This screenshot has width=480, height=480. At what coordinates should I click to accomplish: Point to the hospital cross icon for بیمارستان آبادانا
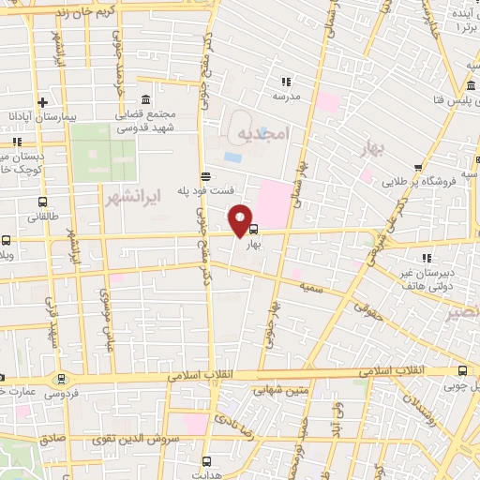(x=42, y=102)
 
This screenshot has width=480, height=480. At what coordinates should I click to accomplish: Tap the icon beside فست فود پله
(x=205, y=175)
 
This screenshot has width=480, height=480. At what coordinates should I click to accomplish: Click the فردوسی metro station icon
(x=62, y=379)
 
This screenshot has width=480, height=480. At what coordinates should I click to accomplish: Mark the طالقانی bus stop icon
(x=42, y=202)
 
